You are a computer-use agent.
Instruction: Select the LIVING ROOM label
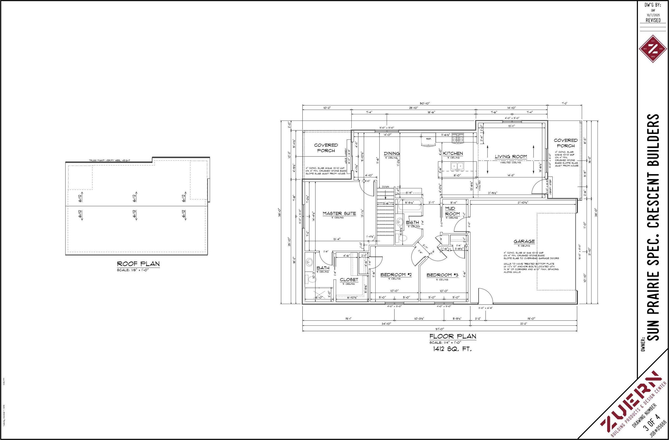pos(511,157)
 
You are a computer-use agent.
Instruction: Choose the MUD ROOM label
pos(452,211)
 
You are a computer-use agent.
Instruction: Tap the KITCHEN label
pos(453,153)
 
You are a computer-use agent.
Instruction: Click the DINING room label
pos(392,153)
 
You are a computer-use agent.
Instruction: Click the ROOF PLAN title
pos(138,264)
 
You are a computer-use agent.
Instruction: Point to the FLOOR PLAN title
pos(453,336)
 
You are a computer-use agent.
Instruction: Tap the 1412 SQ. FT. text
pos(453,349)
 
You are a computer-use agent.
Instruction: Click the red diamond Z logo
pos(653,49)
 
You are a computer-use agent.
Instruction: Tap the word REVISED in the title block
pos(653,20)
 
